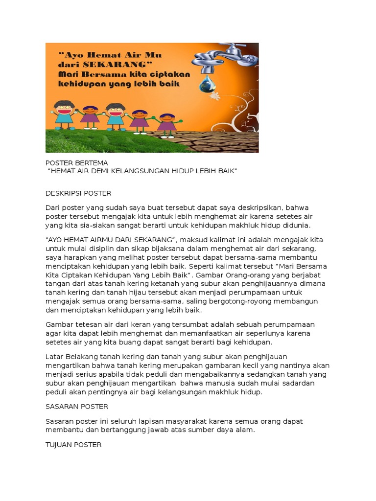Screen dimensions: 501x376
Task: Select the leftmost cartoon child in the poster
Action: (x=64, y=114)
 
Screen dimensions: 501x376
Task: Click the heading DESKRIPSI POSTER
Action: (x=78, y=193)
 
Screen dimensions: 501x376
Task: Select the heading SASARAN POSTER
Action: (x=77, y=407)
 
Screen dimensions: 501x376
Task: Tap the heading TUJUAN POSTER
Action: (x=73, y=445)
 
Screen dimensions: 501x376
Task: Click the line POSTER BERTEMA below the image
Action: (x=76, y=162)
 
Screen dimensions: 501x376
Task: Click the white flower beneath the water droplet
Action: (x=214, y=95)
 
